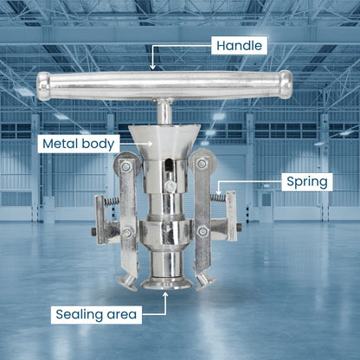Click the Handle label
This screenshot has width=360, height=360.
[239, 46]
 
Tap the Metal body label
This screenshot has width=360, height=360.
[79, 144]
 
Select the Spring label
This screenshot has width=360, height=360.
[307, 182]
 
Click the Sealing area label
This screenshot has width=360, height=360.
[96, 314]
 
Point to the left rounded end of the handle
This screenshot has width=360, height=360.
[43, 87]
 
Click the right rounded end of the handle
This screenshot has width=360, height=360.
[286, 85]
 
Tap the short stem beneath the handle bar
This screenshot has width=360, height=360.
[164, 112]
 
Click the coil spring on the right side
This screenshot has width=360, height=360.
[218, 197]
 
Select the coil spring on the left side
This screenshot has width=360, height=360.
[112, 201]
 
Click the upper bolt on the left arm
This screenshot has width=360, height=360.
[126, 166]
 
